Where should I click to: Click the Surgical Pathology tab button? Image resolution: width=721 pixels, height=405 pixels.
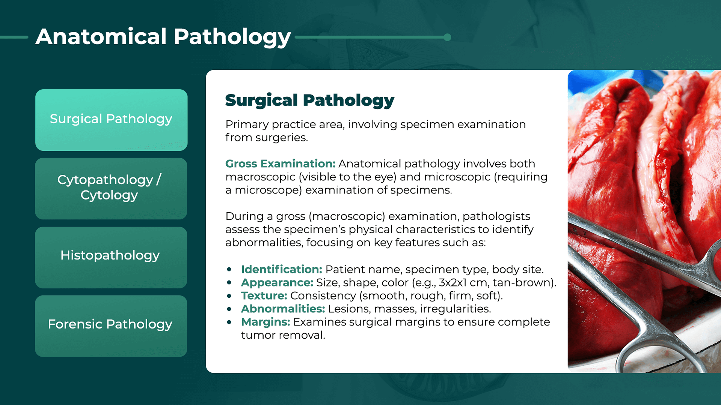(x=111, y=120)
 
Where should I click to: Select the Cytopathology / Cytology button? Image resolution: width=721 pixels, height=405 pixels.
(x=111, y=189)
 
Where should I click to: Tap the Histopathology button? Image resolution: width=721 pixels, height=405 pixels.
(x=111, y=257)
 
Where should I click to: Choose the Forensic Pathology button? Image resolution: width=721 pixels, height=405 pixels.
(x=111, y=326)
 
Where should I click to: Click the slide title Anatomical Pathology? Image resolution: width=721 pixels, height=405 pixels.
(x=163, y=37)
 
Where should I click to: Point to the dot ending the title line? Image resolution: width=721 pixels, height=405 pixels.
(x=447, y=37)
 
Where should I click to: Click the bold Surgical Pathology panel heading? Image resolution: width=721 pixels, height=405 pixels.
(x=310, y=100)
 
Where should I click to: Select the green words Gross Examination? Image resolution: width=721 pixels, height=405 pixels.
(x=280, y=163)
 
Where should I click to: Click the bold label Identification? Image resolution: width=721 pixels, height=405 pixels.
(x=282, y=269)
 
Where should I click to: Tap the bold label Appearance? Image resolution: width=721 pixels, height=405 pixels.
(x=277, y=283)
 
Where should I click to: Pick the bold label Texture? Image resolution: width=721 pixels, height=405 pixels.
(x=264, y=295)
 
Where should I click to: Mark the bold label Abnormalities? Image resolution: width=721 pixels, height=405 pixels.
(x=283, y=309)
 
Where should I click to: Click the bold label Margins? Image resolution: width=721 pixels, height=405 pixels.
(x=265, y=322)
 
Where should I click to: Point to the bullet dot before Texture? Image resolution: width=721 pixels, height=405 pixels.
(x=229, y=296)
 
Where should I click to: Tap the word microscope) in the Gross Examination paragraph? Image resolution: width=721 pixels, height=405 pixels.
(x=268, y=190)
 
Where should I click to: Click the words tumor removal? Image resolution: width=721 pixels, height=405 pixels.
(x=283, y=335)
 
